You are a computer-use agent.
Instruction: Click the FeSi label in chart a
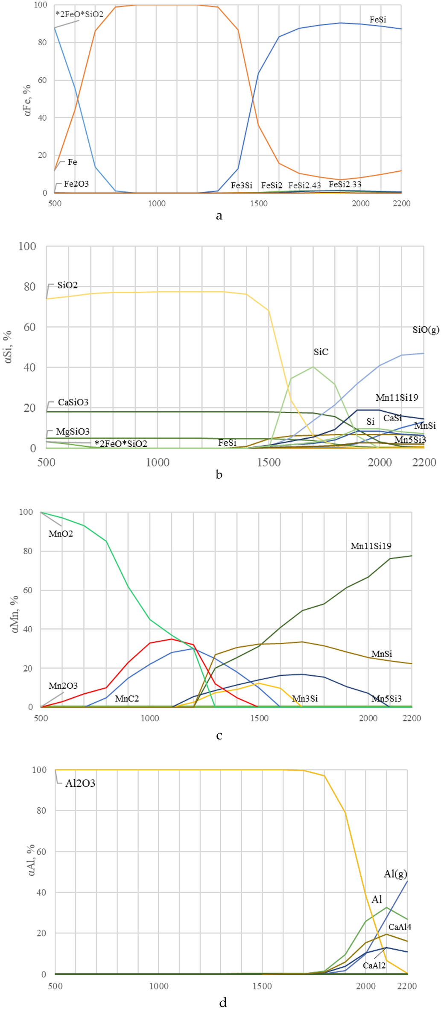377,20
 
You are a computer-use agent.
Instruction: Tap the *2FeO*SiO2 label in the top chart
79,14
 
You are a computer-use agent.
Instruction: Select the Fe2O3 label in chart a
76,184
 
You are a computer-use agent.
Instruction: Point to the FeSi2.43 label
304,185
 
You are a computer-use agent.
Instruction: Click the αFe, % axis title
28,100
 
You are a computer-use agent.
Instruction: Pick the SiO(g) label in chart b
426,329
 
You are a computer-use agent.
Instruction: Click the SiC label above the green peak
321,352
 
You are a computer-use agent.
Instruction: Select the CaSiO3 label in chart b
73,402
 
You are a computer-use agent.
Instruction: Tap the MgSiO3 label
73,431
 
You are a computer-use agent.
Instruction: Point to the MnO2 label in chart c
61,534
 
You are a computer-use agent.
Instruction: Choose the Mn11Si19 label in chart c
371,546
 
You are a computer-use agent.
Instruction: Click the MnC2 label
127,698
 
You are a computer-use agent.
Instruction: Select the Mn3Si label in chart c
305,698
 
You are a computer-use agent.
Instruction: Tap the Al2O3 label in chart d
80,783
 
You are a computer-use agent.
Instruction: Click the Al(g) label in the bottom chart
395,874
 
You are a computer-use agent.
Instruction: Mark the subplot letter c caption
219,735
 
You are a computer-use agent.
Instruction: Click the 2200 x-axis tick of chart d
406,986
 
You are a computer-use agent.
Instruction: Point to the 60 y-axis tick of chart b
29,327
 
